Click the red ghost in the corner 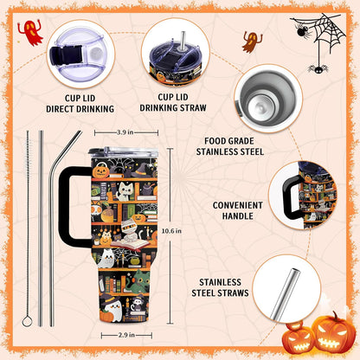(x=30, y=32)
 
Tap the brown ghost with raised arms (x=252, y=42)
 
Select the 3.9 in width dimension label (x=125, y=132)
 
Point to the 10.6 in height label (x=171, y=231)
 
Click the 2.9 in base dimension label (x=126, y=335)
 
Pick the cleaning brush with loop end (x=28, y=231)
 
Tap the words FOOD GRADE (x=229, y=141)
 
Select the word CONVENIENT (x=238, y=205)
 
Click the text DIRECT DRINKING (x=80, y=109)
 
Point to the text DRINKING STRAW (x=173, y=107)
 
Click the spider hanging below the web (x=318, y=68)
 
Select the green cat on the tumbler (x=138, y=280)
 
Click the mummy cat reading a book (x=127, y=231)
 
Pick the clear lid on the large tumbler (x=124, y=152)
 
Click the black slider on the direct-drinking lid (x=66, y=55)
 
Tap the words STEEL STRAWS (x=220, y=292)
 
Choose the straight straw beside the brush (x=41, y=228)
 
